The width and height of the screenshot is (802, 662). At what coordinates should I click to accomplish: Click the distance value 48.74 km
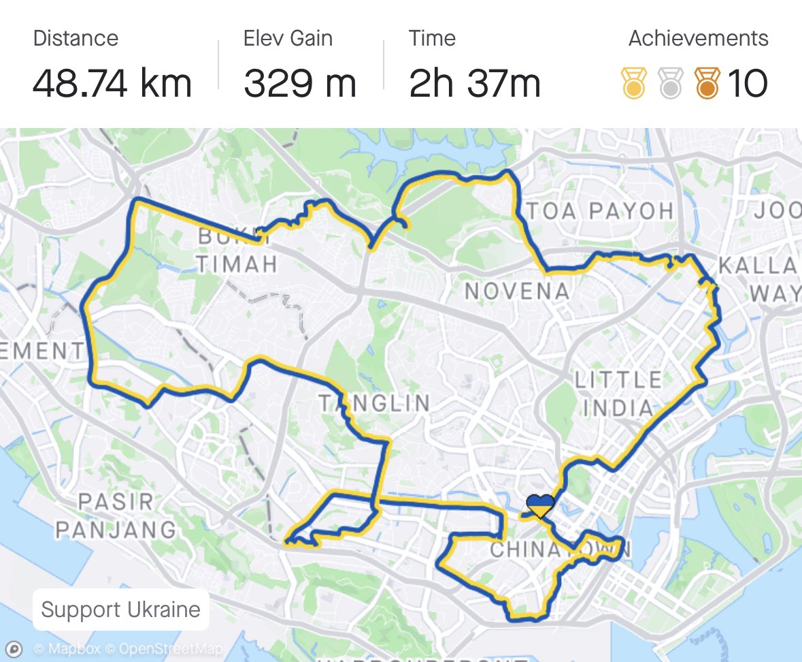(112, 84)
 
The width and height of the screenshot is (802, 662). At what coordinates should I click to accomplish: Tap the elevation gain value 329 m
(300, 84)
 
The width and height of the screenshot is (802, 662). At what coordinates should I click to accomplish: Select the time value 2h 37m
(475, 84)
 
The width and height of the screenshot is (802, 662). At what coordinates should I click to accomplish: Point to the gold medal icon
(634, 83)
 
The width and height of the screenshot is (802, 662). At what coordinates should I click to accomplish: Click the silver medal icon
(671, 83)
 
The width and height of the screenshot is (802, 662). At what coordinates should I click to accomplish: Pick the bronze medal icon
(707, 83)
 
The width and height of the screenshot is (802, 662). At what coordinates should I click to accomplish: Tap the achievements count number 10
(748, 84)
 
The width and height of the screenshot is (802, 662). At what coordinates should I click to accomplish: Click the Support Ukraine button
(120, 609)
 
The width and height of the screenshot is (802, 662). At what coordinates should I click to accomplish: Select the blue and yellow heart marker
(541, 506)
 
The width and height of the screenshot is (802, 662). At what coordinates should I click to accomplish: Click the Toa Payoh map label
(600, 211)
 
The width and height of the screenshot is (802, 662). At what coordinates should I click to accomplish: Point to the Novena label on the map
(517, 291)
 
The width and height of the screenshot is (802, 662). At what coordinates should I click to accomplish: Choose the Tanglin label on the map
(375, 403)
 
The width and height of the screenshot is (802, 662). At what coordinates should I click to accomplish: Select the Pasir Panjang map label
(116, 516)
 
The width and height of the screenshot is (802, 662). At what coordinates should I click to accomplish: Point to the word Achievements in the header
(698, 39)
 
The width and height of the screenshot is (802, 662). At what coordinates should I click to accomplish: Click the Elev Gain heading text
(288, 39)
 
